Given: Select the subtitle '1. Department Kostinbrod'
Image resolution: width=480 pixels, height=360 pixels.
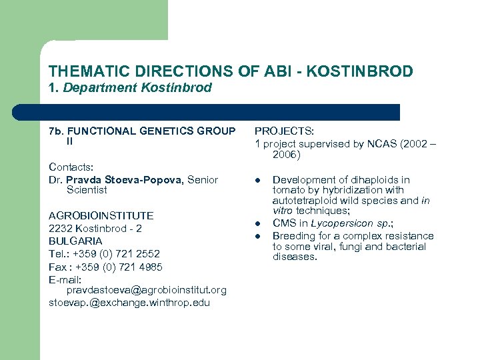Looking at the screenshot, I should [x=130, y=87].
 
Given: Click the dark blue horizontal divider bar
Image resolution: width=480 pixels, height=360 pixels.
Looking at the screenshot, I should [x=207, y=112].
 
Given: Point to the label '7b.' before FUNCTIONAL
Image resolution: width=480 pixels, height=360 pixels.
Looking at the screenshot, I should [x=57, y=131].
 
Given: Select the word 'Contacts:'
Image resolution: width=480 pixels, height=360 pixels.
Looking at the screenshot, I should [x=71, y=167].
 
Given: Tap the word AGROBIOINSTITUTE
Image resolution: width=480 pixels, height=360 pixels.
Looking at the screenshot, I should [x=101, y=215].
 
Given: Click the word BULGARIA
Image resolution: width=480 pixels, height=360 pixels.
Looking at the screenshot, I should [x=75, y=241].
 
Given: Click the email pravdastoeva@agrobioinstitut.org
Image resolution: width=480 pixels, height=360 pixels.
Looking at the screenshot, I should [x=146, y=290].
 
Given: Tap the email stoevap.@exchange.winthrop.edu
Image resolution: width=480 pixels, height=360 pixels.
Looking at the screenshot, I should [x=129, y=303].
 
